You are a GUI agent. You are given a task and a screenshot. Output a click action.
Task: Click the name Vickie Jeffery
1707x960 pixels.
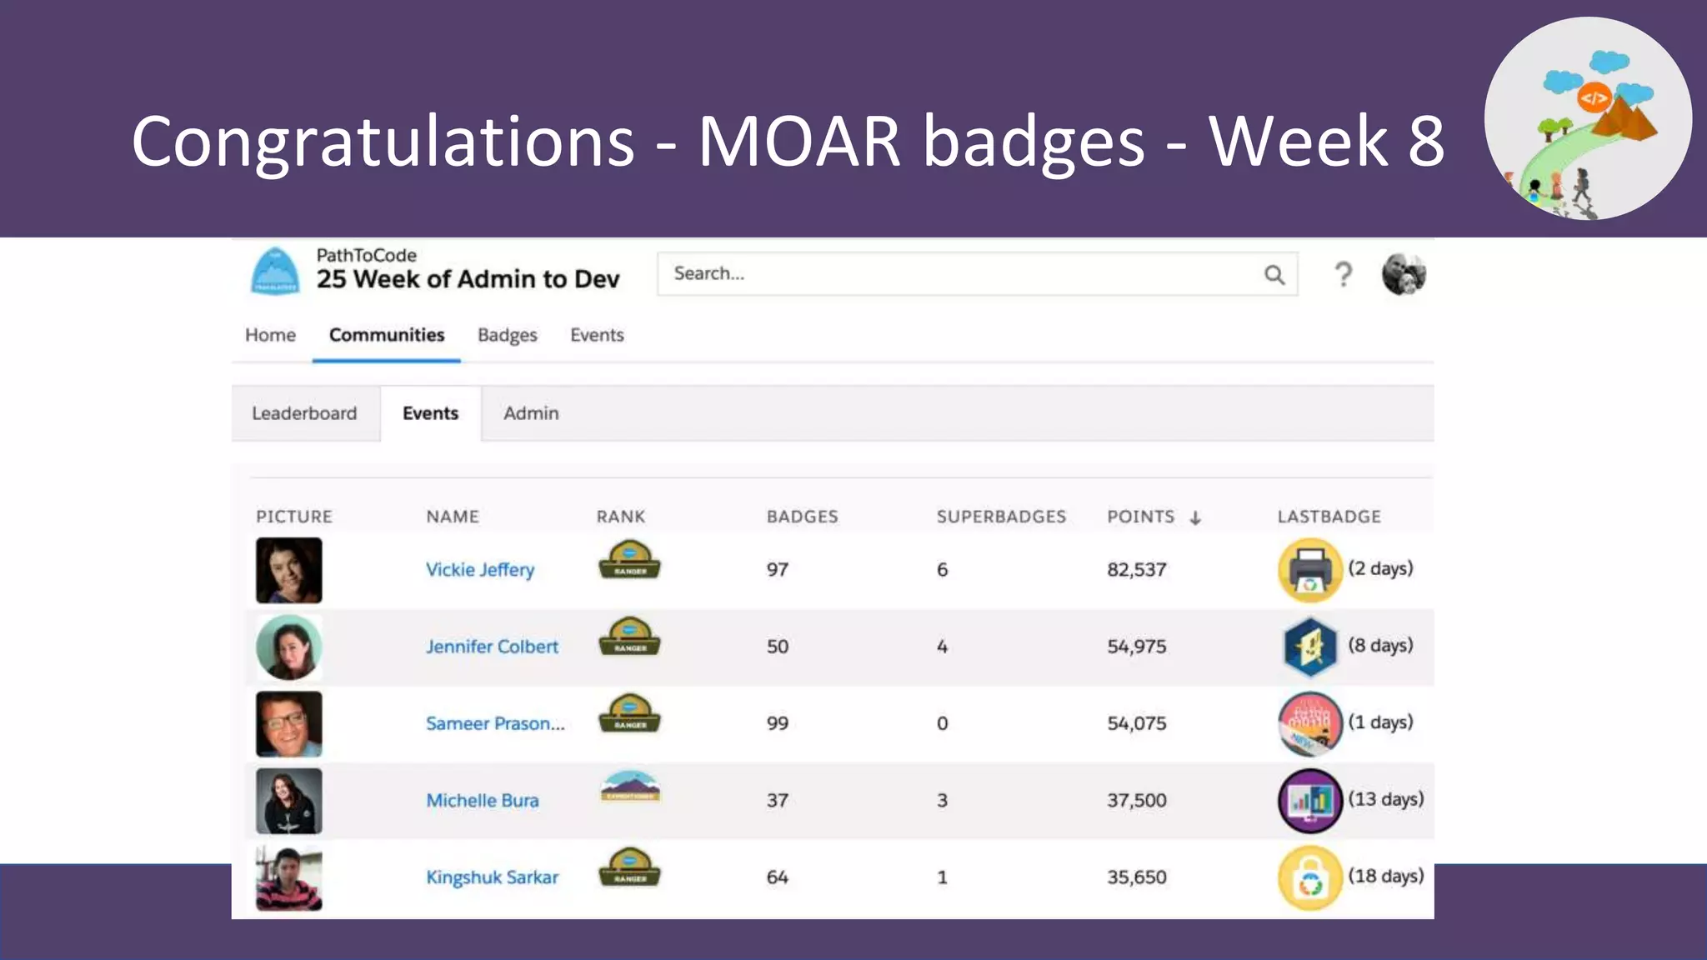point(480,570)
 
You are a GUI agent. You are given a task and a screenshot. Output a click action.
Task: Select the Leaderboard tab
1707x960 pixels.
point(304,413)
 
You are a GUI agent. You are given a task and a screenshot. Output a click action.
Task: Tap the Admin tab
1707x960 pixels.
point(531,413)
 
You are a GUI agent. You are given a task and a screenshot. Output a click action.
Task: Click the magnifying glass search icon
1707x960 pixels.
point(1274,274)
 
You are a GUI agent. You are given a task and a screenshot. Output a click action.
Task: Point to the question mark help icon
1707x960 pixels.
point(1343,274)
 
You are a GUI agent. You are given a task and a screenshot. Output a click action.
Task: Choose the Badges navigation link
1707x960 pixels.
point(507,335)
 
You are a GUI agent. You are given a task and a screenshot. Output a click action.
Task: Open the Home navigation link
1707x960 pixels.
point(270,335)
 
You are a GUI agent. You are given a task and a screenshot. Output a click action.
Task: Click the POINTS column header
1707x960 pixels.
point(1140,517)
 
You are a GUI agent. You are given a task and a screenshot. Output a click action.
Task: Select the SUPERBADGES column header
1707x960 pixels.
point(1001,517)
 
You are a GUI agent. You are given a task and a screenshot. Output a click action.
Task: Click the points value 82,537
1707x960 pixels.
point(1136,570)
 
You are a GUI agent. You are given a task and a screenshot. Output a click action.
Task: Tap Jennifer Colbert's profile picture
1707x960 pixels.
point(288,647)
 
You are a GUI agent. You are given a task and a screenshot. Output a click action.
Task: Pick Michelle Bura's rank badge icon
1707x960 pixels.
point(630,787)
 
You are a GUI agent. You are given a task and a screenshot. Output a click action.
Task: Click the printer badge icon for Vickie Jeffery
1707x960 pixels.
point(1309,570)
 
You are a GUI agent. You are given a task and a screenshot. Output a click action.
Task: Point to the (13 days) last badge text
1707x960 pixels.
point(1386,799)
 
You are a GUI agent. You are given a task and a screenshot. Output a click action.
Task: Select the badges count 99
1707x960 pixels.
point(777,723)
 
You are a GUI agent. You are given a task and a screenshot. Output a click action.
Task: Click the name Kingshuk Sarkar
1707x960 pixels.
point(492,877)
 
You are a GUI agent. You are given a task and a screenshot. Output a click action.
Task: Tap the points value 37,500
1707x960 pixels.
point(1136,801)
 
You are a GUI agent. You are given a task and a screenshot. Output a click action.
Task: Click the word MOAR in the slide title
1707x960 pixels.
point(798,142)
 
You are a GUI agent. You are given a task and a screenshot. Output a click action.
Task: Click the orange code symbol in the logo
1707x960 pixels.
point(1593,98)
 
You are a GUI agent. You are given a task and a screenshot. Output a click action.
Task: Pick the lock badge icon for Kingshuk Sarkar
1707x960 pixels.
point(1309,878)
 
